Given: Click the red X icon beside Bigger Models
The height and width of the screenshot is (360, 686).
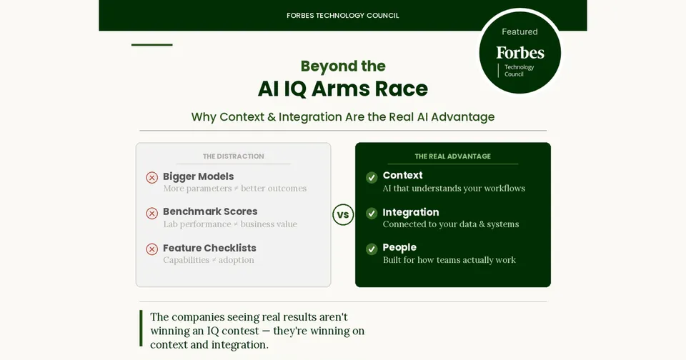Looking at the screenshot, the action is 151,178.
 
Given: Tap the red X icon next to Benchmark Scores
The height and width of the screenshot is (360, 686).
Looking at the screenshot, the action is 151,214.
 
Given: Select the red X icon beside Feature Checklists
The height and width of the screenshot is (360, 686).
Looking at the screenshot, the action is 151,249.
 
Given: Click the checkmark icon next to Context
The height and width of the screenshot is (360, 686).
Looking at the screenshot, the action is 372,178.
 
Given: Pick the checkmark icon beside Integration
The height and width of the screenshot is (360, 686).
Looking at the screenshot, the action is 372,214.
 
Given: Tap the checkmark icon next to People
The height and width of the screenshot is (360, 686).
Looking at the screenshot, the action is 372,249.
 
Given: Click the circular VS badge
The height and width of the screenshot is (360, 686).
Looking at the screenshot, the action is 343,215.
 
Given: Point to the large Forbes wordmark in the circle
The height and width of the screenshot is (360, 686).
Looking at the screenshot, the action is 520,53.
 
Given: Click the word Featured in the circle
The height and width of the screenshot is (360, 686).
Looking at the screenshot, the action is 520,32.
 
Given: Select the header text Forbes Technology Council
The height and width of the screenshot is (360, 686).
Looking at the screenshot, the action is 343,16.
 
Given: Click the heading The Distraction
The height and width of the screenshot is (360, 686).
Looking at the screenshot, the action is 233,156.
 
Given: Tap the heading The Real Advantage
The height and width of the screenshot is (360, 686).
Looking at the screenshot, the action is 453,156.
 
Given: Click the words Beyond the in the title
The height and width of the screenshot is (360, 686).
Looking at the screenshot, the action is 343,66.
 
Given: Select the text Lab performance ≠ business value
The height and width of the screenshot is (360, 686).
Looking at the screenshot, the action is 230,224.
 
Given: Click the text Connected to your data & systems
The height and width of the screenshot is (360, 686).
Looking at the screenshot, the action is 451,224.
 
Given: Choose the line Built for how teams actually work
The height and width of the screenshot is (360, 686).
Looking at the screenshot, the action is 449,260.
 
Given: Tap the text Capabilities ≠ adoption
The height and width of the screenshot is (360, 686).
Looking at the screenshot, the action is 209,260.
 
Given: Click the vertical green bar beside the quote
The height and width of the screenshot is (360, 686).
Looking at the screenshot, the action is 141,328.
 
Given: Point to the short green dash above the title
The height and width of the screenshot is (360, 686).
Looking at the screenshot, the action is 151,44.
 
